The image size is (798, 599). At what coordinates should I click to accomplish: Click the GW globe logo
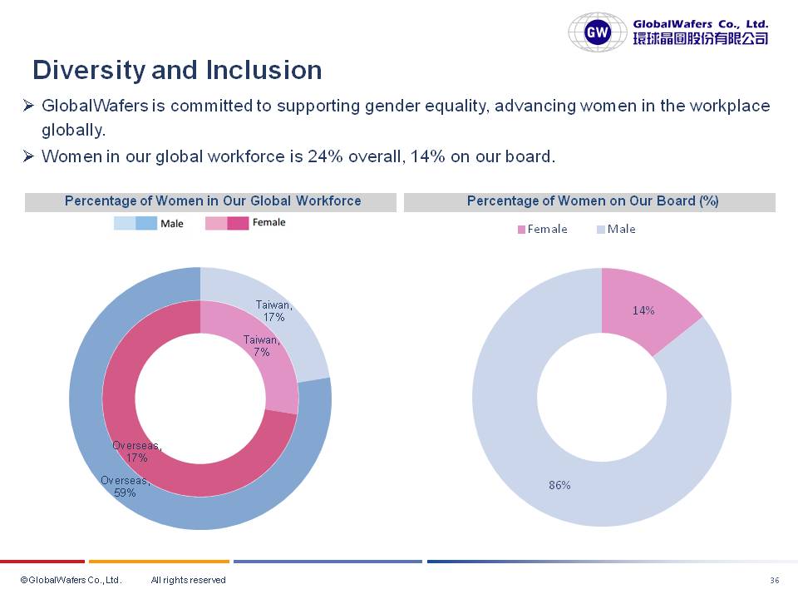(598, 32)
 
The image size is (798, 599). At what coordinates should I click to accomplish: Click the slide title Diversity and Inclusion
(177, 70)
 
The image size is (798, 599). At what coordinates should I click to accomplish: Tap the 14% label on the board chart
(643, 310)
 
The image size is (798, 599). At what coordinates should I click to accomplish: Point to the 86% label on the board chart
(559, 485)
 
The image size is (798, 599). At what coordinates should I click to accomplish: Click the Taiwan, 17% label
(273, 311)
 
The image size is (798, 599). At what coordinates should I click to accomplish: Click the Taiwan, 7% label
(261, 345)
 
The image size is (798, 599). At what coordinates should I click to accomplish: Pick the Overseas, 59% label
(125, 486)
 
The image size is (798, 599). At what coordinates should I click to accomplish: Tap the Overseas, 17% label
(137, 452)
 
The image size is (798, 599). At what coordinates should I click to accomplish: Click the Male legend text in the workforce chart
(171, 224)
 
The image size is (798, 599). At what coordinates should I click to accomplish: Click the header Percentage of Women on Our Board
(592, 201)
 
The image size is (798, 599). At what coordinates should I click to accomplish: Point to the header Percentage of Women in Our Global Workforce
(213, 201)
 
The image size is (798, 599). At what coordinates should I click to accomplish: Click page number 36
(775, 580)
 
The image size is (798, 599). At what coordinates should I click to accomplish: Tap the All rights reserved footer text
(188, 580)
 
